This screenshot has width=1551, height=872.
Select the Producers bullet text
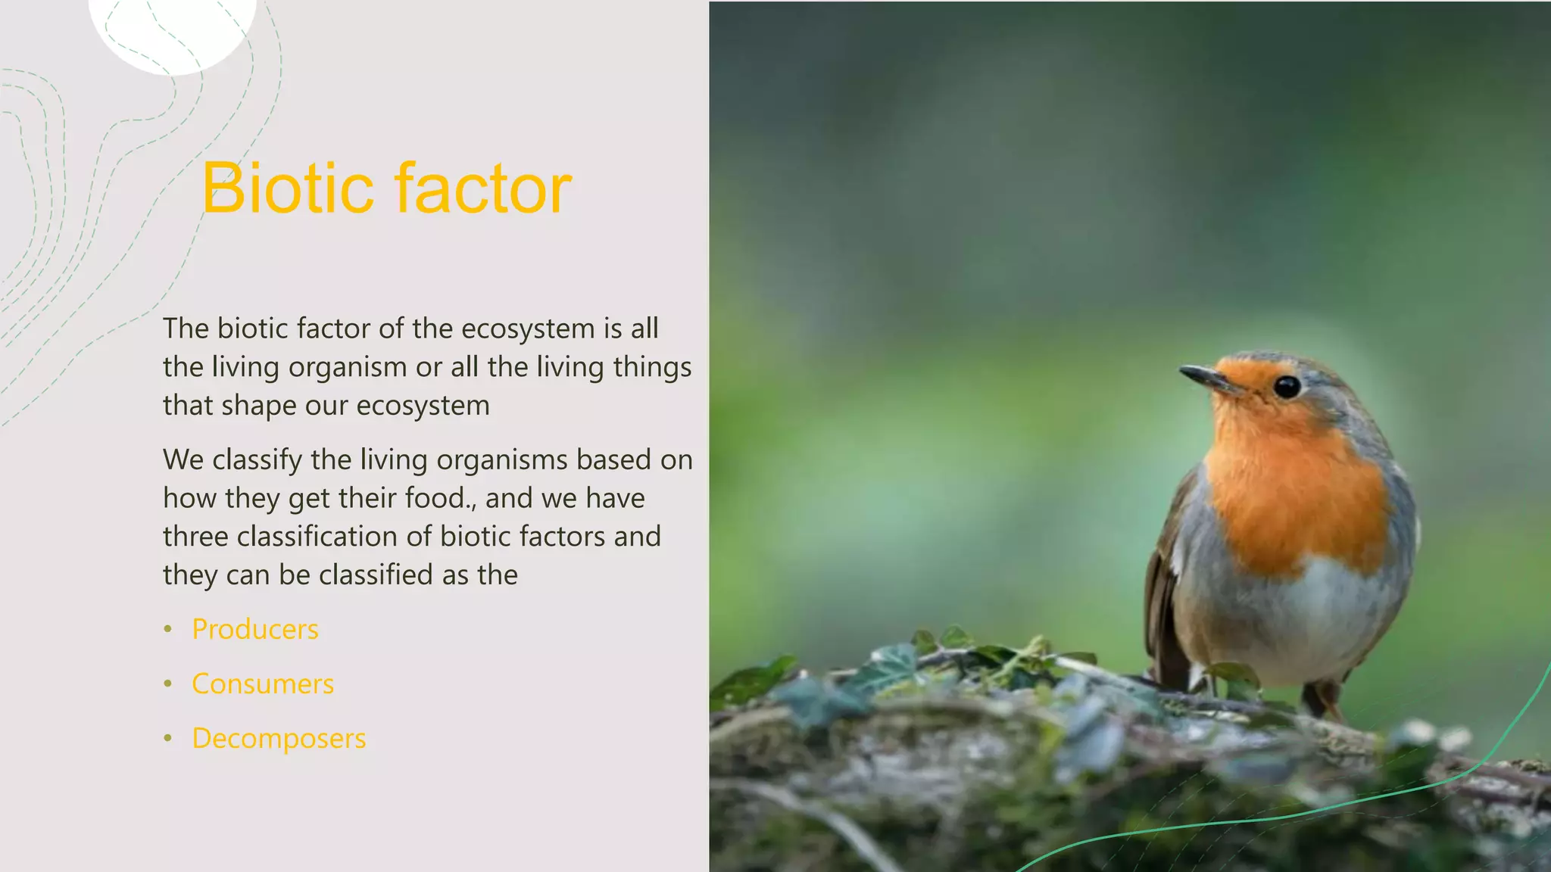255,630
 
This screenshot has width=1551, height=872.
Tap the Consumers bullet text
263,684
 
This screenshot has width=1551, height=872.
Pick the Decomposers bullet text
279,739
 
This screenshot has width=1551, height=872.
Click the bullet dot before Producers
168,630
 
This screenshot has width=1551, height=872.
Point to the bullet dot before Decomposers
168,739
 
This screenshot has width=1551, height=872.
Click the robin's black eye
1287,387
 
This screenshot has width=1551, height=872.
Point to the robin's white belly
1287,621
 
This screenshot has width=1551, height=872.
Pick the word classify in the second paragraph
257,460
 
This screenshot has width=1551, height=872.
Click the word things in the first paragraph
652,367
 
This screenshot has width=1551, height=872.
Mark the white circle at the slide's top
173,30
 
